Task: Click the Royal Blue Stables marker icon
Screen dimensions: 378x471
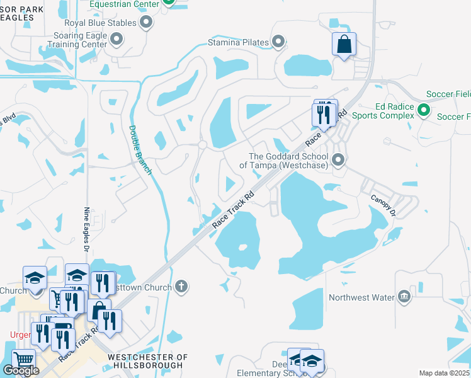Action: tap(147, 23)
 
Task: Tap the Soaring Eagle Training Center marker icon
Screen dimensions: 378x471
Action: tap(116, 40)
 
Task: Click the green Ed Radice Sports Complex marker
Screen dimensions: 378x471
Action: tap(424, 111)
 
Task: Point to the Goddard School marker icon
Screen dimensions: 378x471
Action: tap(339, 161)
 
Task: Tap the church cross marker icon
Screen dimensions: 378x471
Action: tap(181, 287)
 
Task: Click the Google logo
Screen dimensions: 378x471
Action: tap(21, 370)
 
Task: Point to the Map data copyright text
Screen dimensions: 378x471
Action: tap(444, 373)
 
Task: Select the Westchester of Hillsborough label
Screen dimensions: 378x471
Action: tap(148, 361)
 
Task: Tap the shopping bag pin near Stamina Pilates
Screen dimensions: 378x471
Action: tap(344, 45)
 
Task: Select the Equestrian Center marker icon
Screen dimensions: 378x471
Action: tap(167, 2)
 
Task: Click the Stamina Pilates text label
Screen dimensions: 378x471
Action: tap(237, 43)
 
